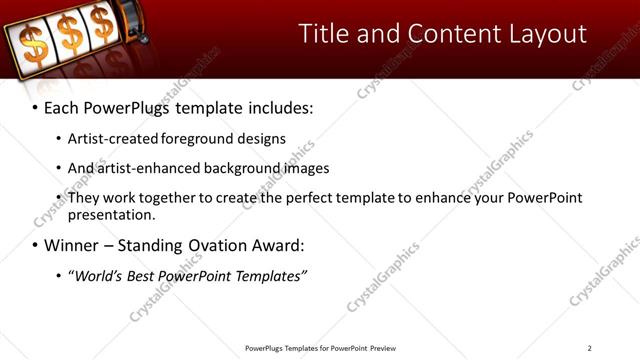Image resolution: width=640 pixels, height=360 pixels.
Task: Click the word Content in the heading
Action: pos(443,33)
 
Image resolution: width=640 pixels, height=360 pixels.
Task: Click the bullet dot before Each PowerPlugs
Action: pos(35,107)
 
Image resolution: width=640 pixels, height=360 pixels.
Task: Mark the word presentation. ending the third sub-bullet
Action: pos(112,215)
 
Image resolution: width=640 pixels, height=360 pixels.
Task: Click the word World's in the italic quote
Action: pos(95,275)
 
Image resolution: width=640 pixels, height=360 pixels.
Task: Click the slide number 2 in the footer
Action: pos(589,348)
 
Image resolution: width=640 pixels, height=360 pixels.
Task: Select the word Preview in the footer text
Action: pos(383,348)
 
